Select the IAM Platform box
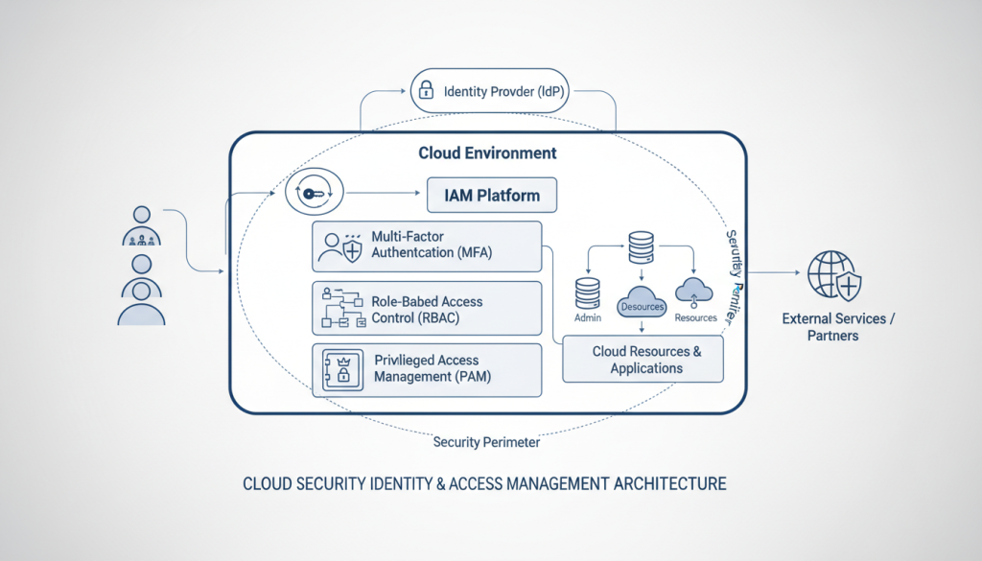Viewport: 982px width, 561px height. click(492, 196)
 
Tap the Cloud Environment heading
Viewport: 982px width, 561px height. click(487, 153)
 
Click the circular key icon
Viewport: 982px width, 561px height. click(315, 194)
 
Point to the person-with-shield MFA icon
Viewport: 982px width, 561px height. click(341, 246)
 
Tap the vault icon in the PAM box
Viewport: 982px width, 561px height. click(341, 369)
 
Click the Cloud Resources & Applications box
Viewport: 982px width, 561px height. click(645, 360)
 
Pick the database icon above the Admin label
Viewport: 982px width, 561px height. click(587, 292)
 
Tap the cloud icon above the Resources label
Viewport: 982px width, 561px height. click(695, 291)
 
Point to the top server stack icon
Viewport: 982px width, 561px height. click(642, 246)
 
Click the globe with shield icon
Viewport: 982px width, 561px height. click(833, 274)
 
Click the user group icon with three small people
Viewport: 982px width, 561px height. click(142, 225)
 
